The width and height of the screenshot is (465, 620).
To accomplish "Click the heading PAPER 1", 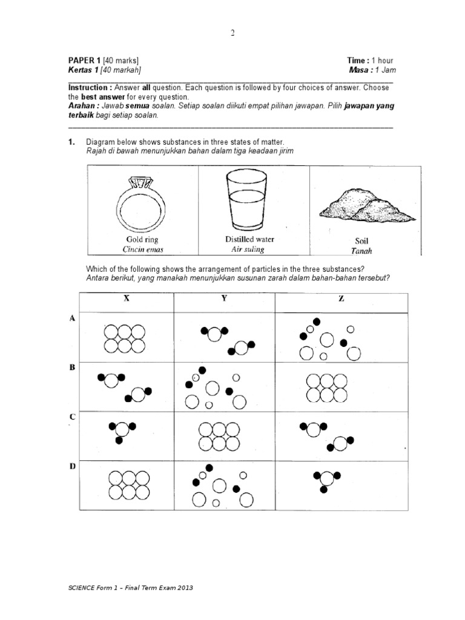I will (x=84, y=61).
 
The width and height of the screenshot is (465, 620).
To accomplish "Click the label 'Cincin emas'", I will (x=143, y=249).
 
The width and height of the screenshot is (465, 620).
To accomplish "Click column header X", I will (x=127, y=298).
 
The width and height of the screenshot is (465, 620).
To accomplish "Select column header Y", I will (x=224, y=298).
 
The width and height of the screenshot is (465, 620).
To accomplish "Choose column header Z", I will (x=341, y=298).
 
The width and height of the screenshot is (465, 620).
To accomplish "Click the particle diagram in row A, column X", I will (x=125, y=338).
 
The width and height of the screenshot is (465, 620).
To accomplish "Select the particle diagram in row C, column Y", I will (x=224, y=436).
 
